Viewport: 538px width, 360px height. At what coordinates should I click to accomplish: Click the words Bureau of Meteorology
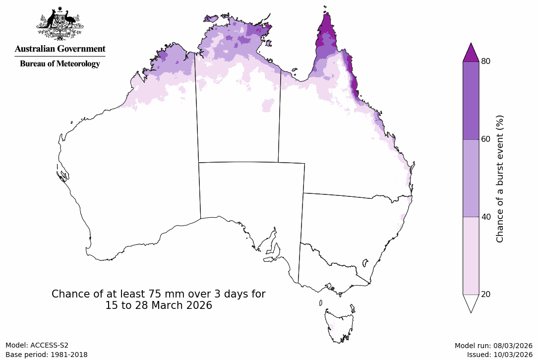tap(60, 64)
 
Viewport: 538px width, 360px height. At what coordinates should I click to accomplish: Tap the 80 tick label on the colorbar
tap(486, 61)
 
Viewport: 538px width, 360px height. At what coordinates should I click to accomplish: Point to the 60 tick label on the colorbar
tap(486, 139)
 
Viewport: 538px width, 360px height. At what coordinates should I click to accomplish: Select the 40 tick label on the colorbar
tap(486, 217)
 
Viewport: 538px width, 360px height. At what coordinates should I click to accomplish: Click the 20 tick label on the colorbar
tap(486, 295)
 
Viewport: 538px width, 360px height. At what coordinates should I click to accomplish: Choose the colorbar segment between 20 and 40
tap(471, 256)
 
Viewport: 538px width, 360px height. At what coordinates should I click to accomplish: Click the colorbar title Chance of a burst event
tap(500, 179)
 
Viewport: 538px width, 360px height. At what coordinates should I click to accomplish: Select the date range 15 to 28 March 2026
tap(158, 306)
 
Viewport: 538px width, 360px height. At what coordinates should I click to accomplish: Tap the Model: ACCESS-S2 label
tap(37, 345)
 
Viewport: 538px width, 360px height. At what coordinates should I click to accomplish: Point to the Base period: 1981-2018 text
tap(47, 355)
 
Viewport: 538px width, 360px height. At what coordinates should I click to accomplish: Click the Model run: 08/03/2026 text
tap(493, 346)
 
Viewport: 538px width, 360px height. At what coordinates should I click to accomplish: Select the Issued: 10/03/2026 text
tap(499, 355)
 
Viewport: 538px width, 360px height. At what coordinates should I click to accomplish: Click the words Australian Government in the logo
tap(60, 49)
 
